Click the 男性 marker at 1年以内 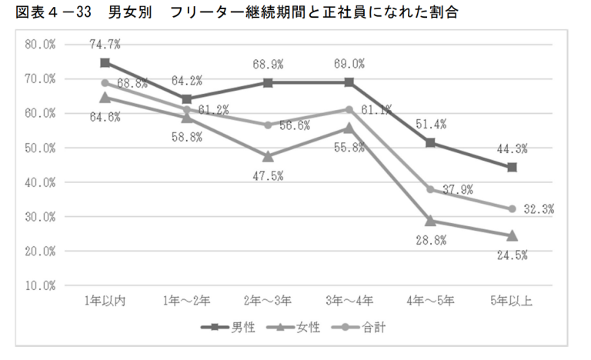coord(105,62)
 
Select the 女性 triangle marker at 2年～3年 coord(267,156)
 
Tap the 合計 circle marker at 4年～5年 coord(430,189)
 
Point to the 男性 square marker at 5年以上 coord(512,167)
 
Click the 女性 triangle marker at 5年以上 coord(512,235)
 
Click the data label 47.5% coord(267,176)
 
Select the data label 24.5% coord(511,255)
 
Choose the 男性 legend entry coord(229,327)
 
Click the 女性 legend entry coord(292,327)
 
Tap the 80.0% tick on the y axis coord(39,45)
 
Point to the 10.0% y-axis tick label coord(39,285)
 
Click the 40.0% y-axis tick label coord(39,182)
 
